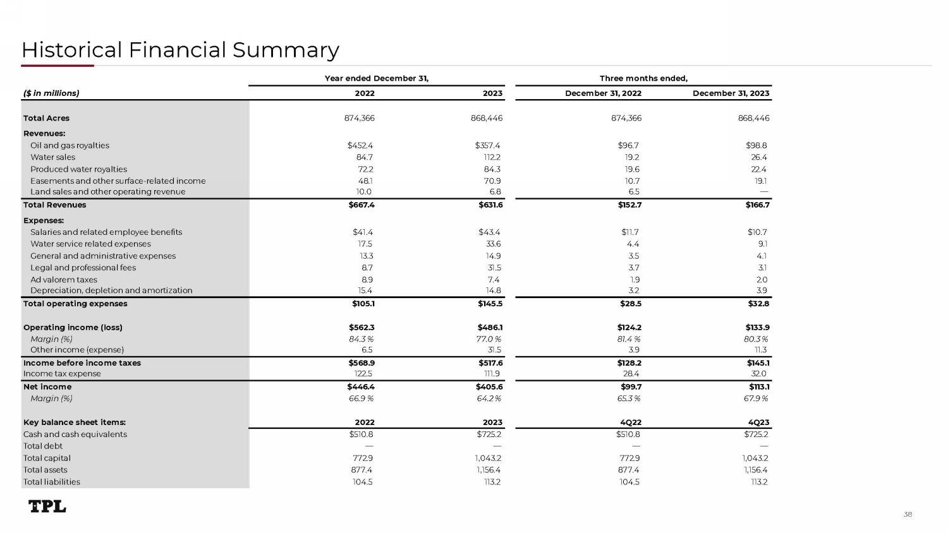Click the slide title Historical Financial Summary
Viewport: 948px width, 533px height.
pyautogui.click(x=180, y=50)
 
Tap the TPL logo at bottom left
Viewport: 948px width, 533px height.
pyautogui.click(x=47, y=506)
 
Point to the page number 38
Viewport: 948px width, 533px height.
pyautogui.click(x=908, y=515)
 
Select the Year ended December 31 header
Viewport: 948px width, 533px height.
pyautogui.click(x=376, y=78)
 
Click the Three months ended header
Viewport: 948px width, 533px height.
pyautogui.click(x=643, y=78)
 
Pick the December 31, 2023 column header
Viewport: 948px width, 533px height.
pyautogui.click(x=731, y=93)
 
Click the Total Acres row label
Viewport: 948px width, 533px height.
pyautogui.click(x=46, y=118)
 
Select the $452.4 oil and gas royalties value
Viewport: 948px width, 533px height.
pyautogui.click(x=360, y=145)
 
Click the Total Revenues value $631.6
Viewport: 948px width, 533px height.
pyautogui.click(x=490, y=205)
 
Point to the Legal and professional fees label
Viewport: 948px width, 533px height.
pyautogui.click(x=83, y=268)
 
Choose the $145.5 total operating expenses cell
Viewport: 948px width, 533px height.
pyautogui.click(x=490, y=304)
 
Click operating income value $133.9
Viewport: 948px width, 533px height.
pyautogui.click(x=757, y=328)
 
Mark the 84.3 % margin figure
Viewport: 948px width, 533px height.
pyautogui.click(x=361, y=339)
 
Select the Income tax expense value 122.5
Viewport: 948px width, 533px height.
pyautogui.click(x=363, y=374)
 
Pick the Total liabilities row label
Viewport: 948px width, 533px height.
pyautogui.click(x=52, y=482)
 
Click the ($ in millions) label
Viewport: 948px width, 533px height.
pyautogui.click(x=51, y=93)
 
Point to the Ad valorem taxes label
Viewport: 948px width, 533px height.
pyautogui.click(x=64, y=280)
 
